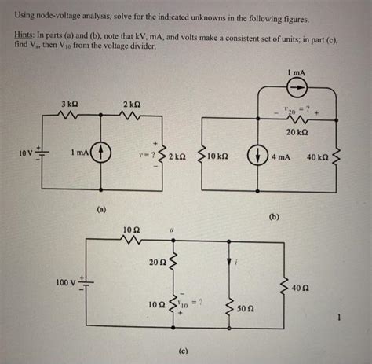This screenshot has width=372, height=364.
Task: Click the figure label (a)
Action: tap(100, 210)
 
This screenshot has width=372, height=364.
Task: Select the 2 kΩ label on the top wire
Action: tap(131, 105)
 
